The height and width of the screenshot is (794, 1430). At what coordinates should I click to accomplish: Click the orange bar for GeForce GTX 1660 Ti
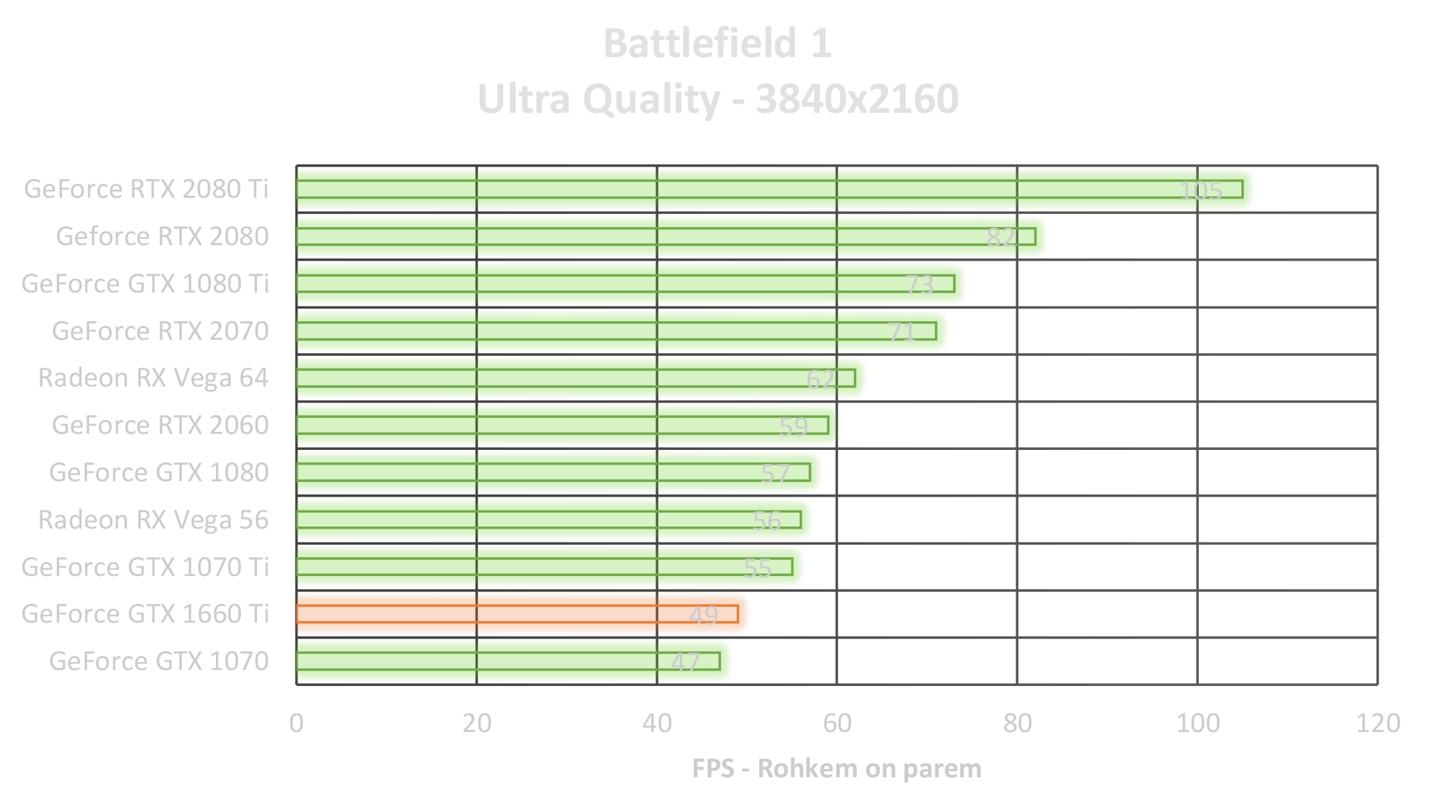click(x=517, y=614)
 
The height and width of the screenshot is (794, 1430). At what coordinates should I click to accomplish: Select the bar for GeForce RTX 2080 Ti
click(x=769, y=189)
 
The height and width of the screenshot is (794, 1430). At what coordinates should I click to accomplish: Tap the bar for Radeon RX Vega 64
click(x=575, y=377)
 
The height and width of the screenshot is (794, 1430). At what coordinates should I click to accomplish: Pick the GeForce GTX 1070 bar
click(x=508, y=661)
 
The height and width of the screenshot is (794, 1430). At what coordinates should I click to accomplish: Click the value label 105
click(x=1201, y=191)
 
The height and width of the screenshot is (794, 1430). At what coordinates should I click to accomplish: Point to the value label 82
click(x=1001, y=238)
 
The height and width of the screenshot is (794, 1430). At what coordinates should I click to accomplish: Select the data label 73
click(x=919, y=285)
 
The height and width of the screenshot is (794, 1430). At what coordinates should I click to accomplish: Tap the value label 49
click(x=704, y=616)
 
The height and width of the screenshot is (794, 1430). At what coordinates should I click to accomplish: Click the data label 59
click(x=793, y=426)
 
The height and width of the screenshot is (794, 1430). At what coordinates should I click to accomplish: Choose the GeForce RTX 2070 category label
click(x=160, y=331)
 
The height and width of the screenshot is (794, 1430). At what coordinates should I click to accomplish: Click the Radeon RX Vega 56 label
click(x=153, y=520)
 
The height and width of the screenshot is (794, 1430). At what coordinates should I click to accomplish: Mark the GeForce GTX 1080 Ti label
click(x=145, y=283)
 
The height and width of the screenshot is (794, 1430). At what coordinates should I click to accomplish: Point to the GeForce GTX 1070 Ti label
click(x=145, y=567)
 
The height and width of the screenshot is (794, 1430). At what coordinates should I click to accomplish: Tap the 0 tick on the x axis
click(x=297, y=724)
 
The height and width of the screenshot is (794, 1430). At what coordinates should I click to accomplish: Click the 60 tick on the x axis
click(x=837, y=724)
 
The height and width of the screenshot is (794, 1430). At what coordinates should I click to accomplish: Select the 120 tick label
click(x=1378, y=724)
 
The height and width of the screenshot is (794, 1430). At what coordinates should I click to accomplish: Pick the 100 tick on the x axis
click(x=1198, y=724)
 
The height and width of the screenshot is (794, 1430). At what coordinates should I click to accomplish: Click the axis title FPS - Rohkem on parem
click(x=837, y=768)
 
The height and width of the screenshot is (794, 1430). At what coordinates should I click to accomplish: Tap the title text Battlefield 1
click(x=717, y=43)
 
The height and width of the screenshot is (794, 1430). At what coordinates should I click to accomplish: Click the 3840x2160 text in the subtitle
click(x=857, y=99)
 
